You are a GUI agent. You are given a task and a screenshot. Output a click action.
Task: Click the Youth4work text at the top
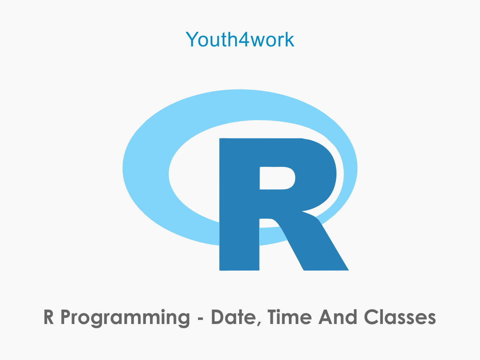point(240,39)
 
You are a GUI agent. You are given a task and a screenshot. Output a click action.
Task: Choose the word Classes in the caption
point(400,318)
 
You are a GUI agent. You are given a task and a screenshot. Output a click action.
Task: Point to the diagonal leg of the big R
point(316,244)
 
